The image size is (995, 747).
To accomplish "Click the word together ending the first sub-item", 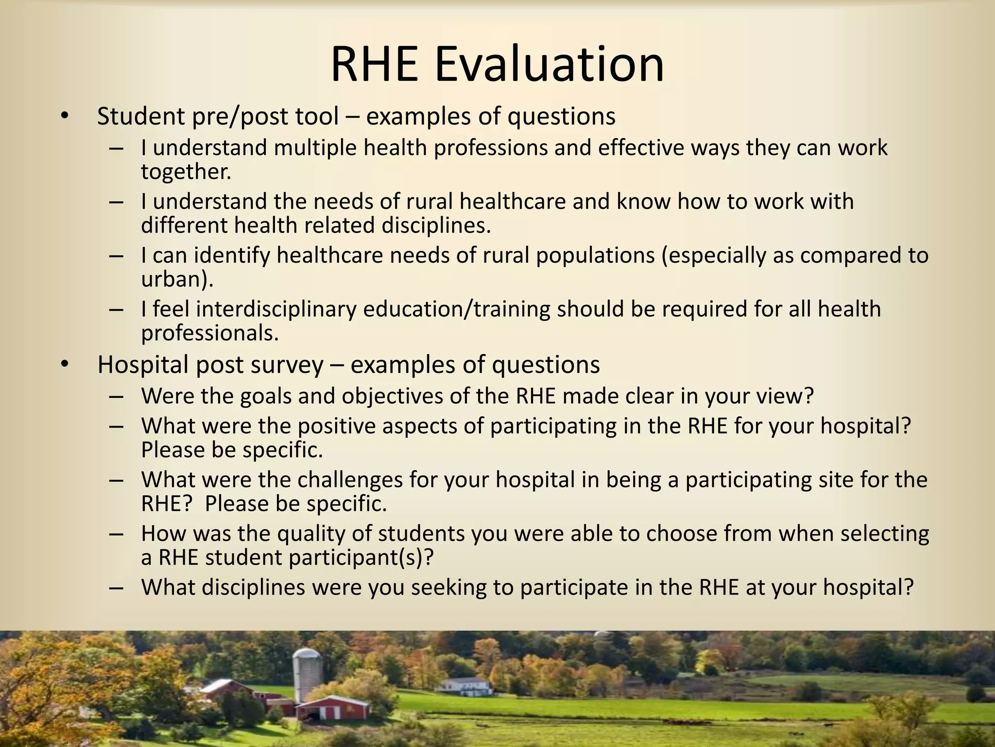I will pyautogui.click(x=186, y=172).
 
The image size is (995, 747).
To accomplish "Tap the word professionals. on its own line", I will pyautogui.click(x=210, y=333).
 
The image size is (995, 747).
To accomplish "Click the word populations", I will pyautogui.click(x=595, y=255).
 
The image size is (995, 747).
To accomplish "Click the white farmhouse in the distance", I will pyautogui.click(x=464, y=685).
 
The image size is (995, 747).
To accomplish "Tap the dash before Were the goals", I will pyautogui.click(x=117, y=396).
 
